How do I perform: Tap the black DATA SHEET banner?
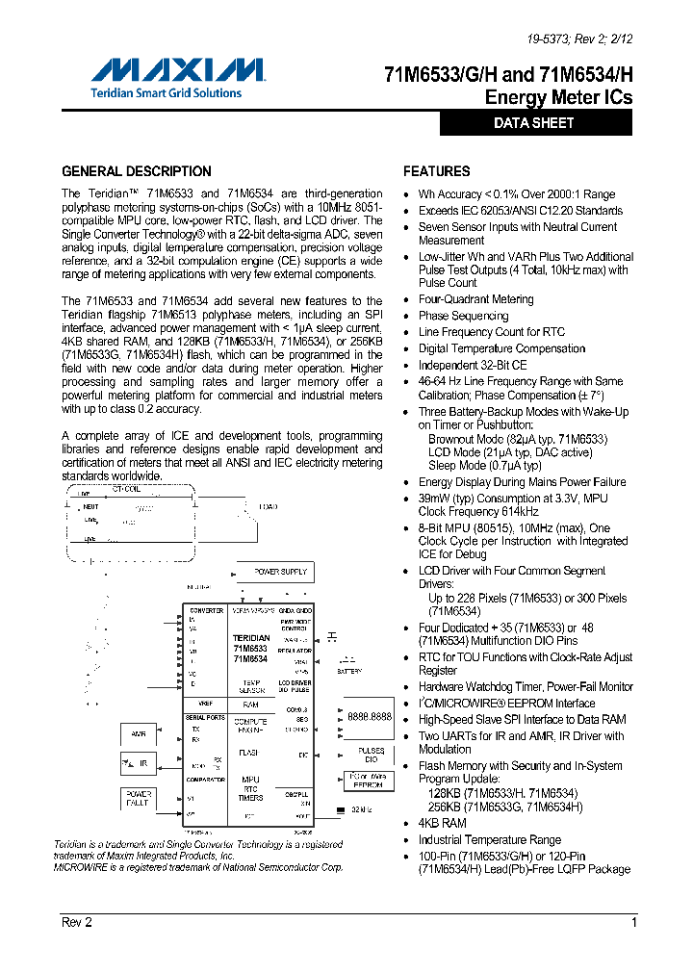click(535, 123)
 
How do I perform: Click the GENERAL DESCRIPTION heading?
click(137, 171)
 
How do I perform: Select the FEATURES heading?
click(437, 171)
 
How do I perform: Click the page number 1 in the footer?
click(634, 922)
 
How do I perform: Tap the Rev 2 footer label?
click(77, 922)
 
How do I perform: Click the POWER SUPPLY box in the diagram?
click(280, 572)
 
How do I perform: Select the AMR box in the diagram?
click(138, 735)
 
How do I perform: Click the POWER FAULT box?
click(138, 799)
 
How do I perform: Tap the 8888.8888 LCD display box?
click(369, 717)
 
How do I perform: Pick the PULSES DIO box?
click(371, 755)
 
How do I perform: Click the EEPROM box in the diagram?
click(368, 780)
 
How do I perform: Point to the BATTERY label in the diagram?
click(349, 671)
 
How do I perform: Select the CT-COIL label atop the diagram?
click(127, 488)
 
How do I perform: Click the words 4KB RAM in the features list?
click(442, 824)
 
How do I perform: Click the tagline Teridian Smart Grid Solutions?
click(166, 92)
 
